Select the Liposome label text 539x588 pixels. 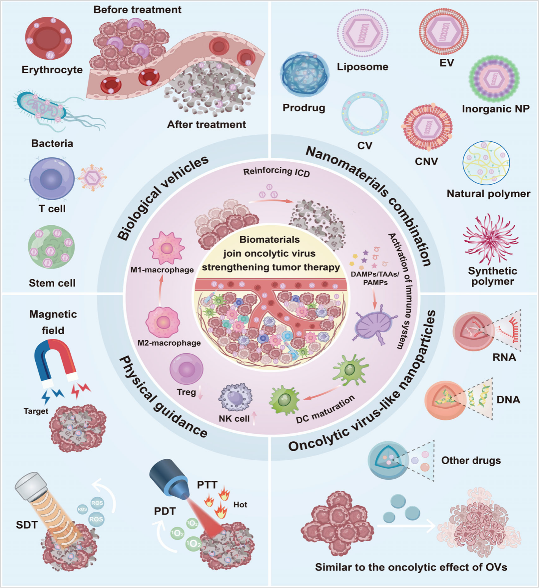362,67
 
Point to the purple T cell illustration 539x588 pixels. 52,179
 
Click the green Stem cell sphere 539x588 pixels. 51,247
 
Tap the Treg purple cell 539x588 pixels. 186,368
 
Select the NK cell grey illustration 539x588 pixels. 235,397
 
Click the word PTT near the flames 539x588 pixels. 207,485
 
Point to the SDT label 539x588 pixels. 27,525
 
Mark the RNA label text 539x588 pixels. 504,357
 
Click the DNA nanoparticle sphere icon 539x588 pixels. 445,400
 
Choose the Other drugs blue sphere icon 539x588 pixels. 388,460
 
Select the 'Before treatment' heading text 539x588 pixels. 137,9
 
